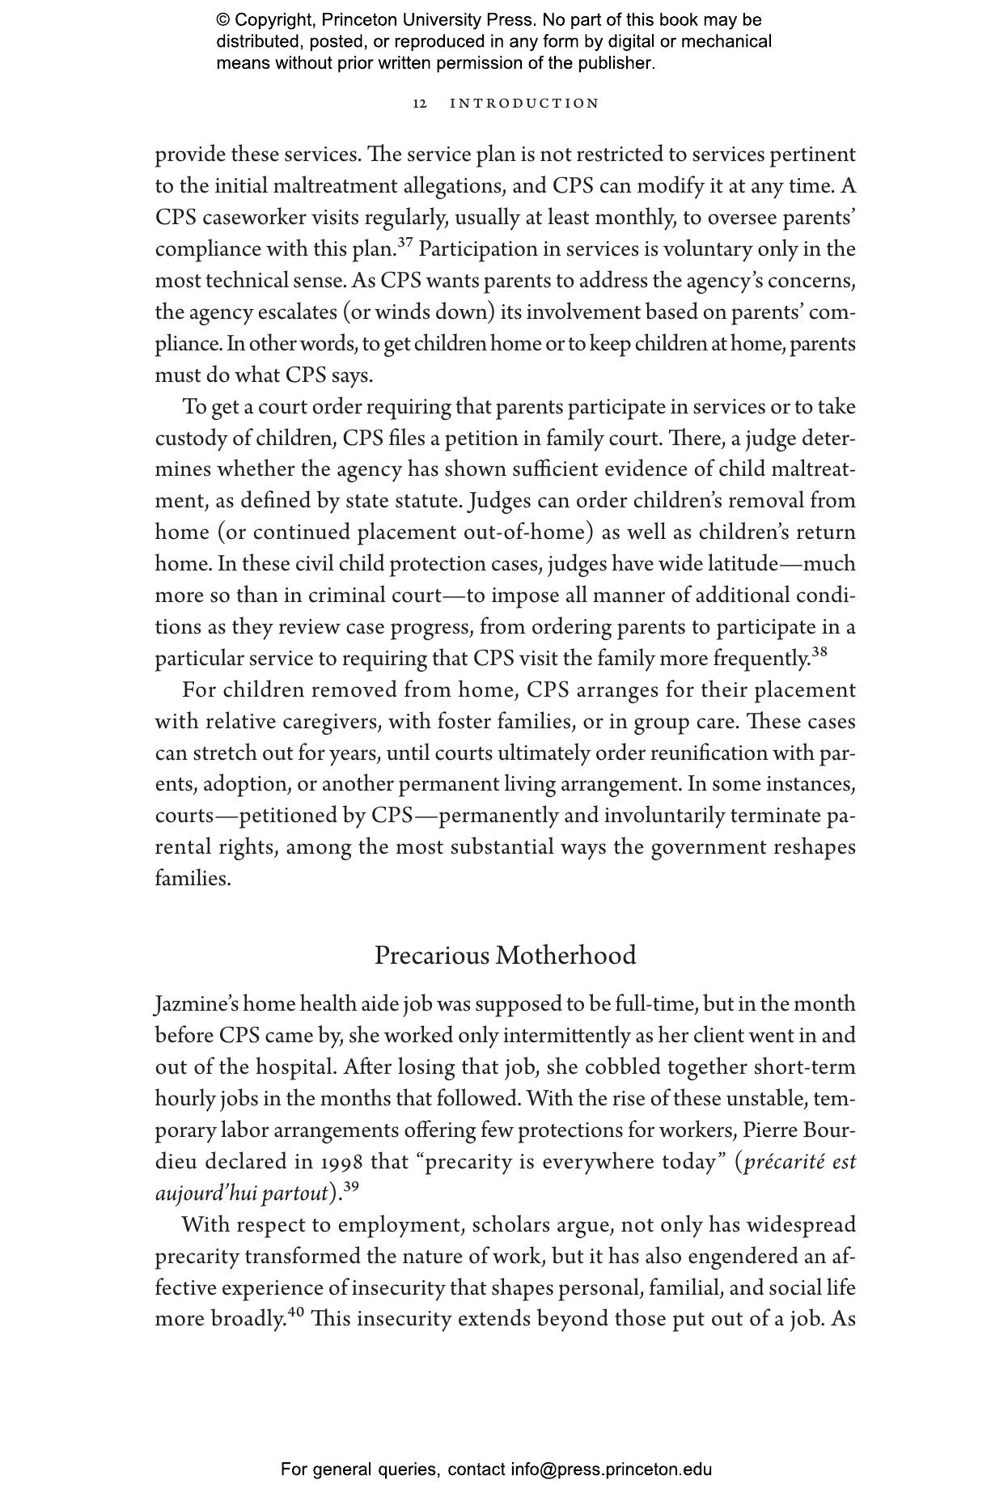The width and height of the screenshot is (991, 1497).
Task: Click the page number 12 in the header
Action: click(420, 104)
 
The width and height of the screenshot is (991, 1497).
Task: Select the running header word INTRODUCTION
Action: click(524, 104)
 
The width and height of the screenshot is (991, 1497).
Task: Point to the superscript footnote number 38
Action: click(819, 651)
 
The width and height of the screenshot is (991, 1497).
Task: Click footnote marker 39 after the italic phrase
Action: click(350, 1187)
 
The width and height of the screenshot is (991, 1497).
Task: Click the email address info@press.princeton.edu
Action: click(611, 1469)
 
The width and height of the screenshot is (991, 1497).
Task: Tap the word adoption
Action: click(246, 785)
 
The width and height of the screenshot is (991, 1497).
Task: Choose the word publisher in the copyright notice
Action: click(614, 63)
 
